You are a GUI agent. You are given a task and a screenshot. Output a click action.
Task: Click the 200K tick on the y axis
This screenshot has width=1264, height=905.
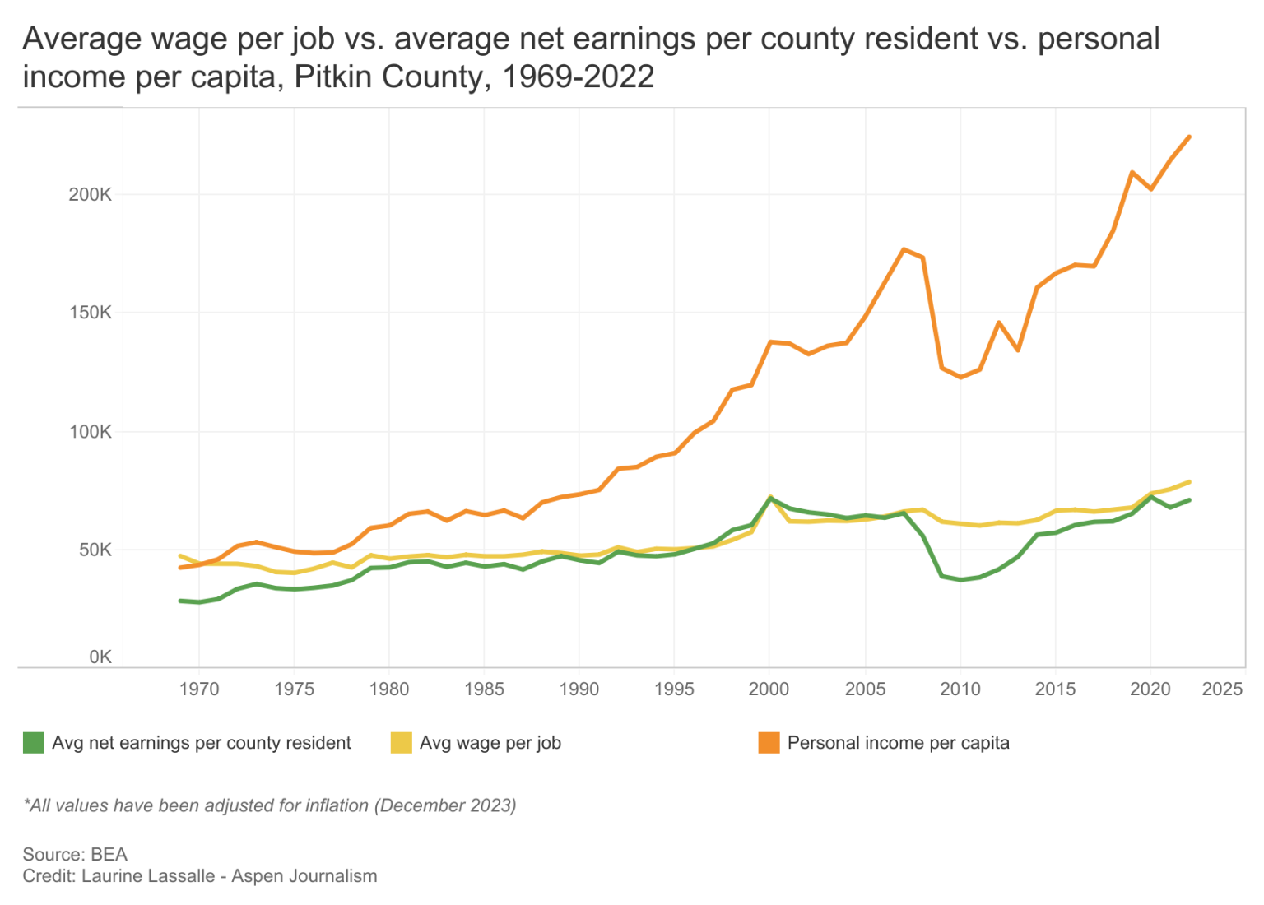90,195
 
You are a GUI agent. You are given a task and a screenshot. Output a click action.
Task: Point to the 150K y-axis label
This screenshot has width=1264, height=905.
90,313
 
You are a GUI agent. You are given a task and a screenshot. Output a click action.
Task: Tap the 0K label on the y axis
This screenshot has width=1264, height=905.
100,657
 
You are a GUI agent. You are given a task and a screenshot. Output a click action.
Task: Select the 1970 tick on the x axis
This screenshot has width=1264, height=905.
199,689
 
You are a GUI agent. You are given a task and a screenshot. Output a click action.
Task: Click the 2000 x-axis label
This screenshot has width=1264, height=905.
769,689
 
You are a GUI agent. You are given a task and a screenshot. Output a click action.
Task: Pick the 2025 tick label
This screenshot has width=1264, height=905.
1222,689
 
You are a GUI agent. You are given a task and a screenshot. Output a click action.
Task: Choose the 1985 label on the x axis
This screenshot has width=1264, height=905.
484,689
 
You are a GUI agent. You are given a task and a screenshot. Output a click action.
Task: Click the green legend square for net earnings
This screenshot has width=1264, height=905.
33,743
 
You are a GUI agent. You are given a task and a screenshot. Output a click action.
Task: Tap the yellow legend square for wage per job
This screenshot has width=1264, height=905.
401,743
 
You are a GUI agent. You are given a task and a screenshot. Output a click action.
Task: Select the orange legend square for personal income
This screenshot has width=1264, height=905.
769,743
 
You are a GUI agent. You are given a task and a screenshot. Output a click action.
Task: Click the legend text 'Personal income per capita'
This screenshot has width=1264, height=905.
898,743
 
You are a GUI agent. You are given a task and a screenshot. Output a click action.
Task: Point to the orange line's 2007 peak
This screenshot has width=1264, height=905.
904,249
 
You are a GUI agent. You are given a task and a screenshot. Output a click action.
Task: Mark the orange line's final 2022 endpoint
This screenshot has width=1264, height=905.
1189,137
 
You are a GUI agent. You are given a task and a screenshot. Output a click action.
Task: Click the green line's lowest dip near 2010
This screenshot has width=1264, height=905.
960,580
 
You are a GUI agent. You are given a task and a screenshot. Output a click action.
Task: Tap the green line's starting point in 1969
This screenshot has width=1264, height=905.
180,601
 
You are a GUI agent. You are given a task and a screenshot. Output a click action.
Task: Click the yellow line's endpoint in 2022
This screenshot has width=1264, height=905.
1189,482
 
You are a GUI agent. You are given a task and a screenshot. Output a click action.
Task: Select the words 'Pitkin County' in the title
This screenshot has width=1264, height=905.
391,77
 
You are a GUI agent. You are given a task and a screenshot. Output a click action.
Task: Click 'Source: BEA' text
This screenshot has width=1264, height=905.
75,854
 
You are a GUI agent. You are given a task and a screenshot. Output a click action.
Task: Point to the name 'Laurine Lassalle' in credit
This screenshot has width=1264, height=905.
148,876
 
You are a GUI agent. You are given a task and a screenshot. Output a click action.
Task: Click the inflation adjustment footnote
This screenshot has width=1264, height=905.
269,805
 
